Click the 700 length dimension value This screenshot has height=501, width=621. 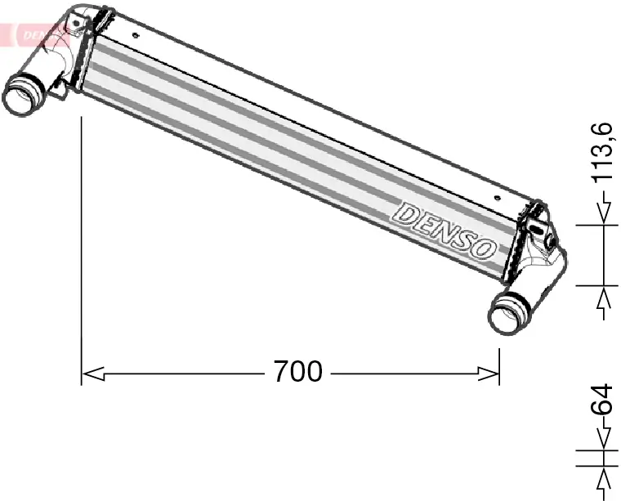coord(297,373)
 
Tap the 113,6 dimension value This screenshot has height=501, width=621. coord(602,152)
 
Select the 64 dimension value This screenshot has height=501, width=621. coord(602,400)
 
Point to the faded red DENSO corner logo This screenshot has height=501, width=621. coord(33,33)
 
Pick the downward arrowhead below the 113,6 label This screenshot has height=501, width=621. coord(604,213)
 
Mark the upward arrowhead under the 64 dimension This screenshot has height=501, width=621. coord(604,477)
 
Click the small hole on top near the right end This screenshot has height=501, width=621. coord(500,196)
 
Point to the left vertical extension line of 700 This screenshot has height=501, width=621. coord(82,245)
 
